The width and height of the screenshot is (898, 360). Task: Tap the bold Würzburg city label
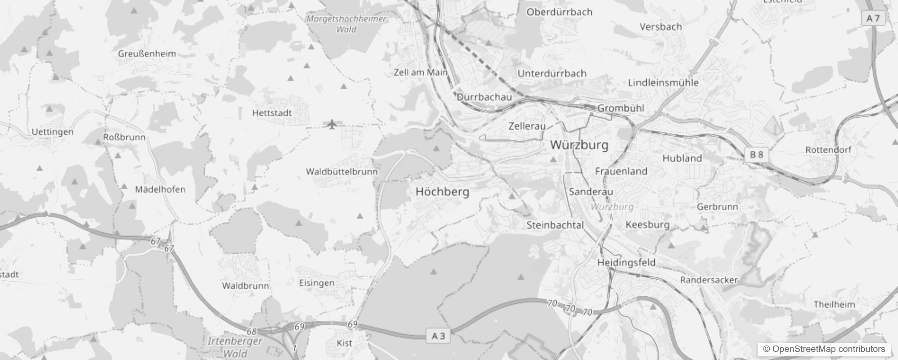coord(579,145)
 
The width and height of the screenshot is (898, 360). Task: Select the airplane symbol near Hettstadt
coord(332,124)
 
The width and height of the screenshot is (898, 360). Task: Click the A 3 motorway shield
coord(438,336)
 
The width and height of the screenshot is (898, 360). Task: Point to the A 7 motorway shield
coord(873,18)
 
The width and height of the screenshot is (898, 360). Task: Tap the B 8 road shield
coord(757,155)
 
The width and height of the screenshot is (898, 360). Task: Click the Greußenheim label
coord(147,54)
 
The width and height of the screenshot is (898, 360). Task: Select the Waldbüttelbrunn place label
coord(341,171)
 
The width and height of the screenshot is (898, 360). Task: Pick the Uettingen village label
coord(52,132)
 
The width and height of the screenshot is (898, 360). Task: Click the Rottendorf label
coord(828,149)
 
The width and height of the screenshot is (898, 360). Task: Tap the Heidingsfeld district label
coord(626,262)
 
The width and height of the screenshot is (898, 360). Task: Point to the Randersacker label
coord(709,280)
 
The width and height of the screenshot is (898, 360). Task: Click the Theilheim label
coord(834,305)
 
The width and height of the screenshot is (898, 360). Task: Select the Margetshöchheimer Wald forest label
coord(346,24)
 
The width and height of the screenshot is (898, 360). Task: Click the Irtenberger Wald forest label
coord(235,347)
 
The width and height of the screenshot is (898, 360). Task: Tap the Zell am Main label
coord(420,72)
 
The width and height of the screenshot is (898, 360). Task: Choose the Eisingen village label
coord(317,283)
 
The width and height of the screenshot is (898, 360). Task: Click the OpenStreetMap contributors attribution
coord(824,349)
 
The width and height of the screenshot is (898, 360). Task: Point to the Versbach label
coord(660,27)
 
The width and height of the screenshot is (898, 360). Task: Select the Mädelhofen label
coord(160,189)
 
